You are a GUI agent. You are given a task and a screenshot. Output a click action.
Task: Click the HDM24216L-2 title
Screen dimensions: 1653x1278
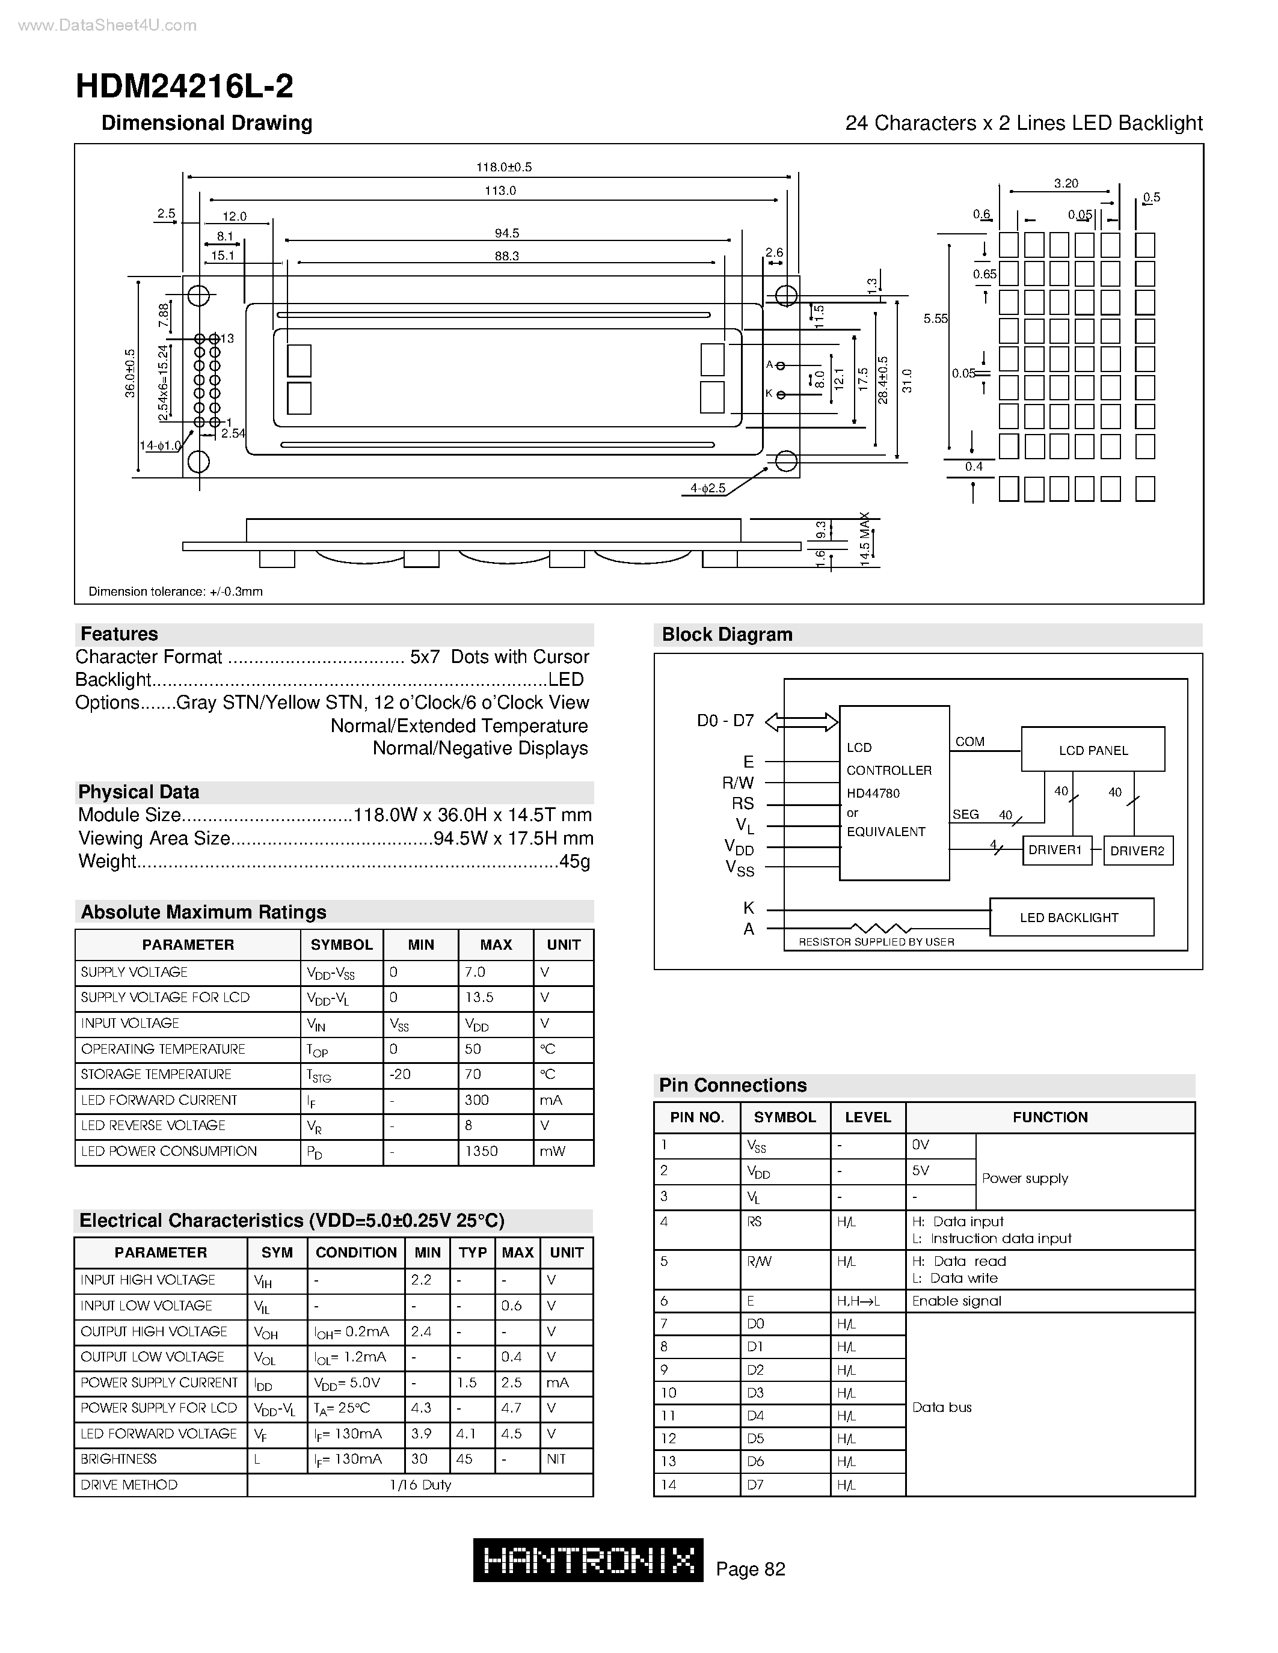point(184,87)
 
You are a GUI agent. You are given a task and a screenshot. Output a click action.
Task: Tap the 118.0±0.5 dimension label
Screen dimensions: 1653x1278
point(503,167)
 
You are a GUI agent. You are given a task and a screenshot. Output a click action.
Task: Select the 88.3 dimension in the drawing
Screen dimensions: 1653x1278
point(506,256)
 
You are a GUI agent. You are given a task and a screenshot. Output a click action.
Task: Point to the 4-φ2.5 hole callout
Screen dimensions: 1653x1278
point(707,488)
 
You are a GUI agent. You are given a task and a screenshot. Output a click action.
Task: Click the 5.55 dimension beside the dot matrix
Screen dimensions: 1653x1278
point(935,319)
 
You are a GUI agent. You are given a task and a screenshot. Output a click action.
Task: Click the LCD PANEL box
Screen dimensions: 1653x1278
point(1093,750)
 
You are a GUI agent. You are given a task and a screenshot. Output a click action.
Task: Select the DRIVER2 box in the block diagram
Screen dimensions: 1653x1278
point(1137,851)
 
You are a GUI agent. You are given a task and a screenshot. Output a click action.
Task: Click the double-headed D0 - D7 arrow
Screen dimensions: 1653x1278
point(802,721)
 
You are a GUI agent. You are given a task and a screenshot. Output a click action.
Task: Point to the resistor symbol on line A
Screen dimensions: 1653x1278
point(881,928)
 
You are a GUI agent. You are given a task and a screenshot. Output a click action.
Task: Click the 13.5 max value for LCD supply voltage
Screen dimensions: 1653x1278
point(479,998)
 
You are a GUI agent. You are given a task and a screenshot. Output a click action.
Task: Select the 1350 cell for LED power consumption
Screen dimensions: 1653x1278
point(482,1151)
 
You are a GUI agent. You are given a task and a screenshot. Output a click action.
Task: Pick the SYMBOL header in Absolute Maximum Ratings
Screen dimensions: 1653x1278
point(342,944)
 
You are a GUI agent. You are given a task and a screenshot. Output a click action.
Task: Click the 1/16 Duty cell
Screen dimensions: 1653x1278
point(420,1485)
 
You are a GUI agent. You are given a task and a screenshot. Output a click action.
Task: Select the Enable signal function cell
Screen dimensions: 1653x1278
point(956,1301)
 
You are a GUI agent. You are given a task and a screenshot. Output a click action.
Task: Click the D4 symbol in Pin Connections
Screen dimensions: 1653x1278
point(755,1416)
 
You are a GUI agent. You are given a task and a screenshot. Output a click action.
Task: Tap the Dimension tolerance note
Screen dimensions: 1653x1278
point(176,591)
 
